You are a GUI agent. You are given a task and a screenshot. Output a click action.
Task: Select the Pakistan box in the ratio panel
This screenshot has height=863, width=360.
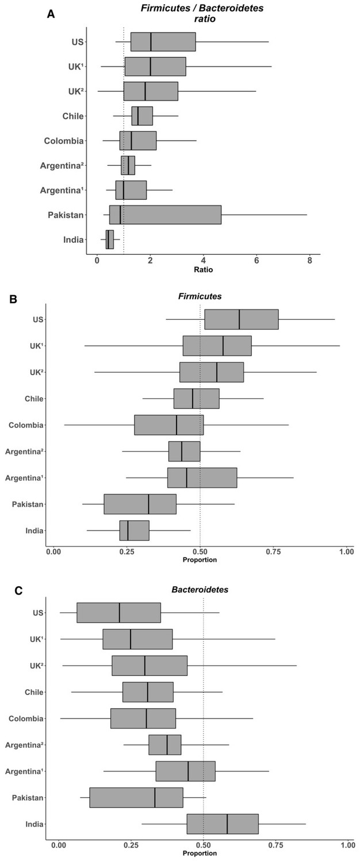165,215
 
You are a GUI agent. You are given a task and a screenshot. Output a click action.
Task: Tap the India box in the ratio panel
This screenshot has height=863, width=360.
110,239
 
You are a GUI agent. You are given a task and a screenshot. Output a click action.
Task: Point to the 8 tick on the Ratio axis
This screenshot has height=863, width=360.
309,259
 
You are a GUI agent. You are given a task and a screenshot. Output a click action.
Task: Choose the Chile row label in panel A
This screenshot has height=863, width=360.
73,116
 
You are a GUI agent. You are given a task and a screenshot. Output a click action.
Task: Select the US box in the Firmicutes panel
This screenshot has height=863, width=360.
242,319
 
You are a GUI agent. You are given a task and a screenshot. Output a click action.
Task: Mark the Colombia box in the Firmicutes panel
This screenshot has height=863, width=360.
169,425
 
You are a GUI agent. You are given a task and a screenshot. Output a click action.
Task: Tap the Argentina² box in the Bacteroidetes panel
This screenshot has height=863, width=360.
165,744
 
